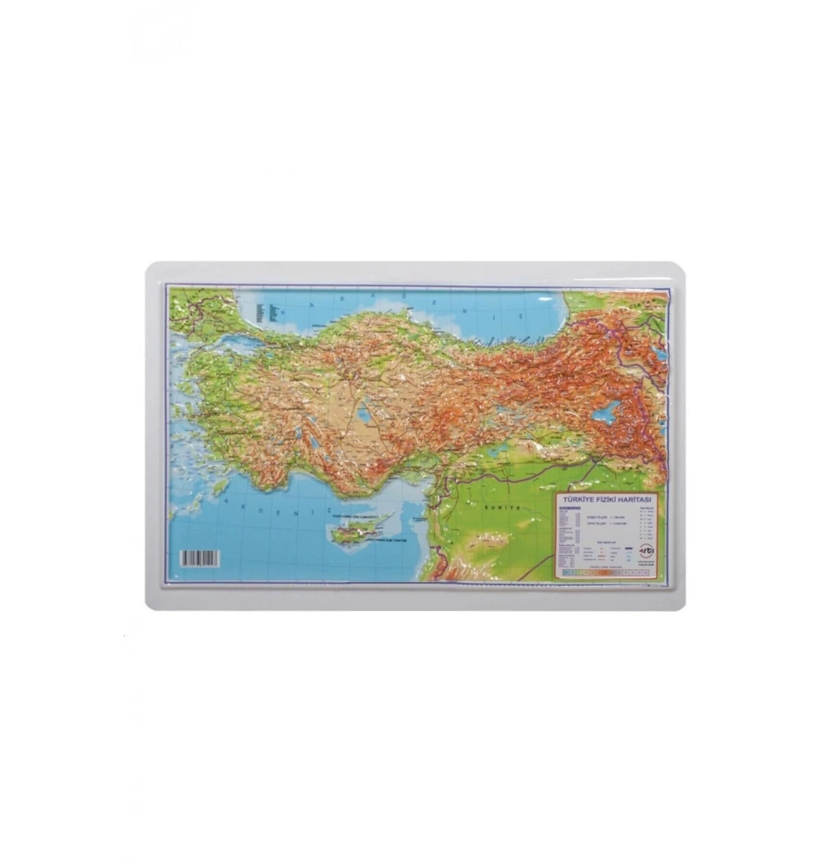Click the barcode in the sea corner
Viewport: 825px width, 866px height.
(x=200, y=558)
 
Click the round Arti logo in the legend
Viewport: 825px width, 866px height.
(x=646, y=551)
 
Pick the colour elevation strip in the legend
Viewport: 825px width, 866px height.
(x=606, y=572)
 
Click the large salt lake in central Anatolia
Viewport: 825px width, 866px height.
(x=363, y=412)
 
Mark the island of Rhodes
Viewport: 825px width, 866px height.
(x=220, y=487)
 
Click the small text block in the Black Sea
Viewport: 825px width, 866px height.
(x=262, y=311)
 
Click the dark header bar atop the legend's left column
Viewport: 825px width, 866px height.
(x=571, y=509)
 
